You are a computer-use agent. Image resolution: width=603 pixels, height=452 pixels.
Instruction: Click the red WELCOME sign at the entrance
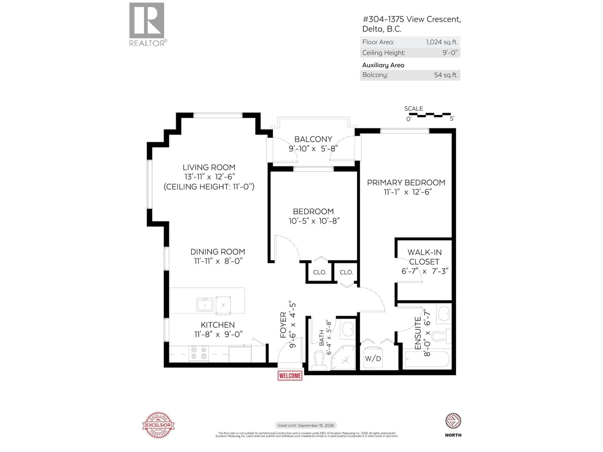(290, 376)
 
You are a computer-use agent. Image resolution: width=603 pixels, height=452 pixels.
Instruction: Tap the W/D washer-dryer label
(373, 359)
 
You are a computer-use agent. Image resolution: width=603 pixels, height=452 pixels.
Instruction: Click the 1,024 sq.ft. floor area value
(442, 42)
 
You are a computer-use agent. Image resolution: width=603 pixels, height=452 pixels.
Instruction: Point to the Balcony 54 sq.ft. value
(446, 75)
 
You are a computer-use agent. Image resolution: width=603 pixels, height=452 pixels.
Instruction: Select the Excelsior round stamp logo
(158, 425)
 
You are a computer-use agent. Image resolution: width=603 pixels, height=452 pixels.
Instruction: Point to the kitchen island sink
(205, 304)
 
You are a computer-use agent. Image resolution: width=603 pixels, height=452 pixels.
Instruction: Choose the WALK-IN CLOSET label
(424, 257)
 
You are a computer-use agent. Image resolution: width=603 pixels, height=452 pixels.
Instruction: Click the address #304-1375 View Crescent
(411, 19)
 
